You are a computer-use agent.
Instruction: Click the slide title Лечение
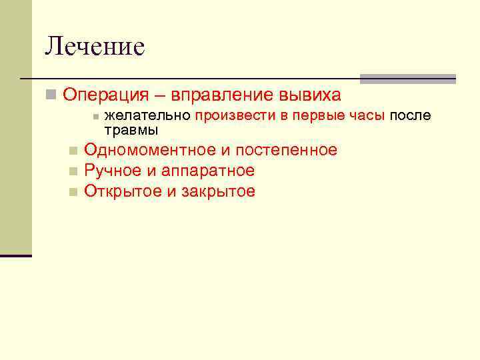[95, 47]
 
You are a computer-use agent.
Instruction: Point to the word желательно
[148, 116]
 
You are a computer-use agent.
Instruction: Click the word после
[410, 116]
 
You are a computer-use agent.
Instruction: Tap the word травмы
[131, 129]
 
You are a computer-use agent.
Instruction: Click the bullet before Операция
[51, 95]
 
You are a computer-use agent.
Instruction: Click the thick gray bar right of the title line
[407, 79]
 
